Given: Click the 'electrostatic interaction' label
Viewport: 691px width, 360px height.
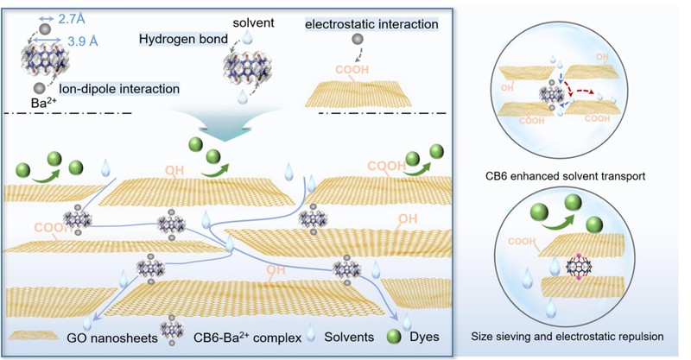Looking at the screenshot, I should [x=371, y=24].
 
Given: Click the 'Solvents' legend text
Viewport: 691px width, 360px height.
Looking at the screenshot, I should [x=357, y=336].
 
